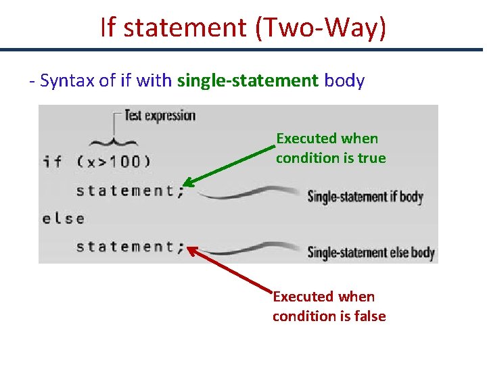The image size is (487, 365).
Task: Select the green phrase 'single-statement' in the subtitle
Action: coord(248,81)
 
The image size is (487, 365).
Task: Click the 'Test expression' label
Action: coord(160,116)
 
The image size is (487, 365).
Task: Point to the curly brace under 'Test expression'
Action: coord(113,141)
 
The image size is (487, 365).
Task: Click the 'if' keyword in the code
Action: coord(52,162)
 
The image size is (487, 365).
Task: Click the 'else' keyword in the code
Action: coord(64,218)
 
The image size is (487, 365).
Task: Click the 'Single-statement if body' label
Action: coord(365,197)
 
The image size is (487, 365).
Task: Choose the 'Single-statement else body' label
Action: coord(371,252)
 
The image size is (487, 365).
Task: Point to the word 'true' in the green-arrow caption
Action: coord(371,158)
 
